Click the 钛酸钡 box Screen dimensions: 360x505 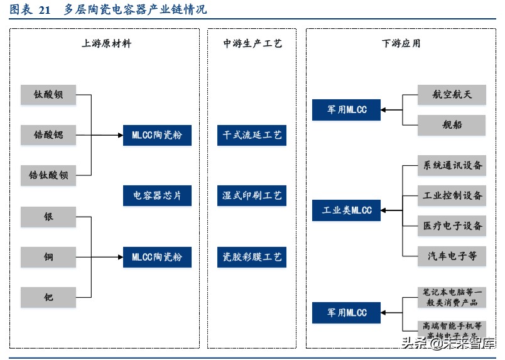pyautogui.click(x=48, y=95)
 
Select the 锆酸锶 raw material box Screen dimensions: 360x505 pyautogui.click(x=48, y=135)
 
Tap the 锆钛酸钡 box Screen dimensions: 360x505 pyautogui.click(x=48, y=175)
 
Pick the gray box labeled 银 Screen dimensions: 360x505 pyautogui.click(x=48, y=217)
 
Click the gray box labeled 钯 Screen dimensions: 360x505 pyautogui.click(x=48, y=297)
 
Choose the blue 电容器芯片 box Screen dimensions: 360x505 pyautogui.click(x=157, y=196)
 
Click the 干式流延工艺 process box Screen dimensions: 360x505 pyautogui.click(x=253, y=135)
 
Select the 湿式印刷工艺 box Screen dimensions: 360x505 pyautogui.click(x=253, y=196)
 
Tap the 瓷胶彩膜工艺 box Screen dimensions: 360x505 pyautogui.click(x=253, y=257)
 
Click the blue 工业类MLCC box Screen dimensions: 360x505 pyautogui.click(x=347, y=210)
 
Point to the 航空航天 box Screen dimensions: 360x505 pyautogui.click(x=452, y=95)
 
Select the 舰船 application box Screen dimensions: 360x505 pyautogui.click(x=452, y=125)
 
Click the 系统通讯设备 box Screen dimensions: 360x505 pyautogui.click(x=452, y=166)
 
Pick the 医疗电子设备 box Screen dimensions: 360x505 pyautogui.click(x=452, y=226)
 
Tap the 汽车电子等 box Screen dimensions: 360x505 pyautogui.click(x=452, y=256)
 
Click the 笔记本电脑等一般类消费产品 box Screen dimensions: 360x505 pyautogui.click(x=452, y=297)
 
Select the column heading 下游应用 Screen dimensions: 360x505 pyautogui.click(x=401, y=43)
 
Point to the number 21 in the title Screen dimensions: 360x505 pyautogui.click(x=44, y=10)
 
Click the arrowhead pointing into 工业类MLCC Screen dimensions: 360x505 pyautogui.click(x=384, y=210)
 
